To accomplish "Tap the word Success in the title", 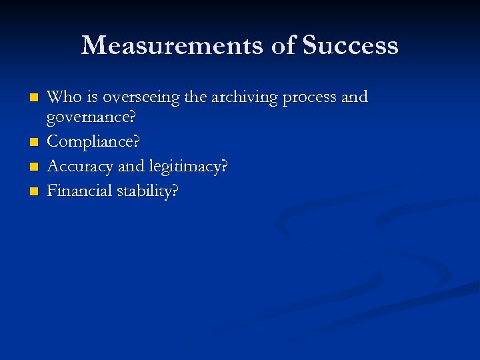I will click(x=350, y=45).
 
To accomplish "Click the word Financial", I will click(x=79, y=191).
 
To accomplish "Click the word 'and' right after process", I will click(x=354, y=97).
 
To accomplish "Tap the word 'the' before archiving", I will click(x=195, y=97).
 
